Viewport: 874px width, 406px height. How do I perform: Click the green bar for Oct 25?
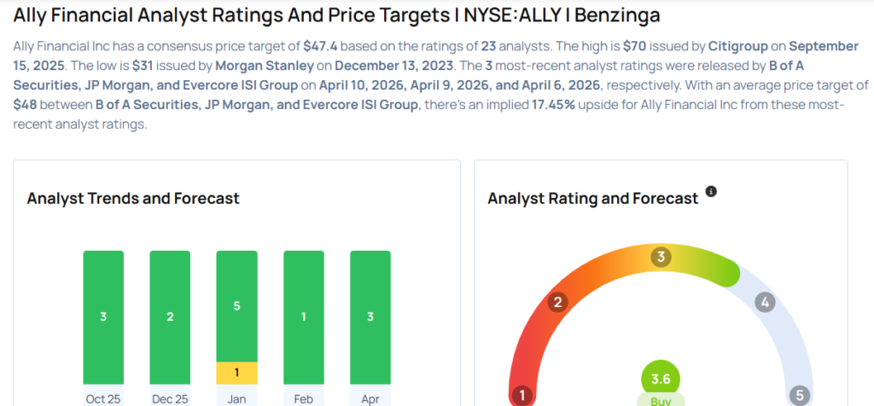click(x=103, y=316)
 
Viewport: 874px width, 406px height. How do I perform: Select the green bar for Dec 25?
click(x=170, y=316)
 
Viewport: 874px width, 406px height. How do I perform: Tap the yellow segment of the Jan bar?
click(x=236, y=373)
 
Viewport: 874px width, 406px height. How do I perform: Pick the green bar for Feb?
click(x=303, y=316)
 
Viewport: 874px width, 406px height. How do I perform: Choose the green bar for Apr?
click(x=370, y=316)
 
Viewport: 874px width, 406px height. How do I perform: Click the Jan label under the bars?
click(x=236, y=397)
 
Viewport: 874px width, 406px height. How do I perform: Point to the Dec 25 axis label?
click(x=170, y=397)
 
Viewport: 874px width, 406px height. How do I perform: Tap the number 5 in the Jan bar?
click(x=236, y=305)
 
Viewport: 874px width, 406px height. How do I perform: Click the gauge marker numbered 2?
click(x=558, y=302)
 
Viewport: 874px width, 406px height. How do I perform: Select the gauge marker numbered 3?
click(x=661, y=258)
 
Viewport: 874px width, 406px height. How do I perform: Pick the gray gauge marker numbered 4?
click(x=764, y=302)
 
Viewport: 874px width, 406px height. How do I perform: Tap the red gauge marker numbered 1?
click(x=521, y=396)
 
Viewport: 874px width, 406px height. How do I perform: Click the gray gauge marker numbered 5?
click(x=800, y=396)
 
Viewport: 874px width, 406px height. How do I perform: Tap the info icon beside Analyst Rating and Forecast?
click(x=711, y=192)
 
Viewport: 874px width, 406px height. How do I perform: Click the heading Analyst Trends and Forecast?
click(x=133, y=199)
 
